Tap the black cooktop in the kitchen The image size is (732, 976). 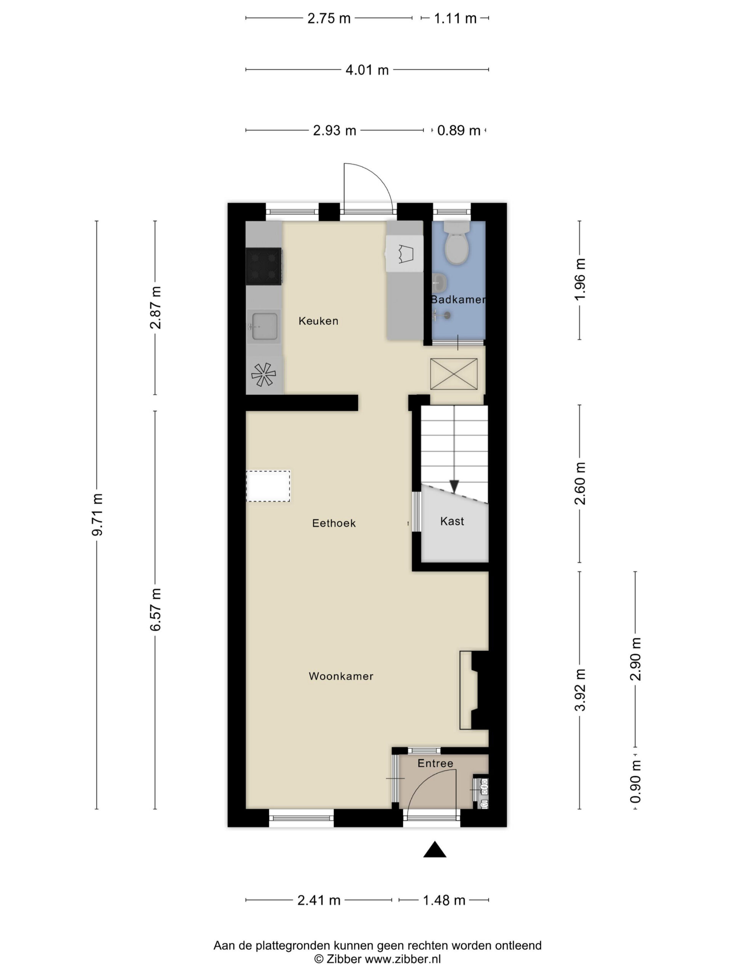263,266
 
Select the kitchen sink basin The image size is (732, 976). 264,326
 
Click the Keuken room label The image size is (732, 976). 318,321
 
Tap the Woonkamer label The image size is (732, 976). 340,676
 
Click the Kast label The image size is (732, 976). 452,521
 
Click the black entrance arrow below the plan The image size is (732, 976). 435,849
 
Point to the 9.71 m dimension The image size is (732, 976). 97,514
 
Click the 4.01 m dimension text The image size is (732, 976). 367,70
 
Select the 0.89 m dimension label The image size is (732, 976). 458,131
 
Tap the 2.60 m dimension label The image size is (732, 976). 580,483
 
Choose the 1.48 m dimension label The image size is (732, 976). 444,900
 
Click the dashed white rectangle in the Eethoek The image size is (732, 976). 268,486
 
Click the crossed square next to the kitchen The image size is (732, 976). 454,374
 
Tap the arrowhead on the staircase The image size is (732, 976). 454,486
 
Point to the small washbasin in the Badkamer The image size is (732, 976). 439,283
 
